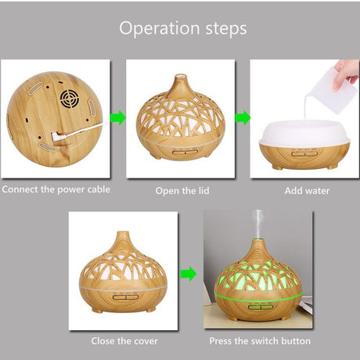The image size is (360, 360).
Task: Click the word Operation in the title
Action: [160, 29]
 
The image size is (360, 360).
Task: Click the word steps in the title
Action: [226, 29]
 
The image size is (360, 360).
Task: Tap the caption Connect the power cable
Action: [56, 189]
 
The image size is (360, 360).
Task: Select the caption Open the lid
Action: [182, 191]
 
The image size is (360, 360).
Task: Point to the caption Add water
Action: [307, 191]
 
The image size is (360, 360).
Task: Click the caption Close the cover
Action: [124, 341]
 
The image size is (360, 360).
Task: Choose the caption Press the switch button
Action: [260, 341]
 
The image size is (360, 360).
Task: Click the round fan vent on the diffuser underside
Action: [69, 99]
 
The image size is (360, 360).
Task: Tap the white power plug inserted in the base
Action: [57, 136]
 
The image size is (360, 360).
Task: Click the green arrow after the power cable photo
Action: [118, 117]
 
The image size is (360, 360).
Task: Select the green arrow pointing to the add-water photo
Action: [243, 117]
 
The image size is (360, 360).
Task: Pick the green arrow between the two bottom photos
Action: [189, 274]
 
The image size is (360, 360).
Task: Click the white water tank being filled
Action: [304, 133]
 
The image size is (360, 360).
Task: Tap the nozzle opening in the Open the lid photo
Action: [180, 77]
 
